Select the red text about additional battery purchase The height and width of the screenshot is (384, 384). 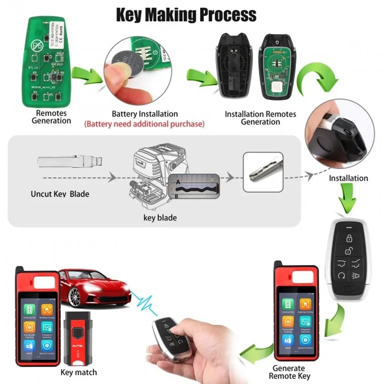(x=144, y=124)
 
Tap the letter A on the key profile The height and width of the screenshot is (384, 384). (x=178, y=184)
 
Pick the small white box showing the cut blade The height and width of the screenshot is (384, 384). (x=263, y=172)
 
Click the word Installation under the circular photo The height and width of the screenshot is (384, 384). (x=348, y=178)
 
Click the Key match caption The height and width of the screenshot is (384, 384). (x=79, y=372)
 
